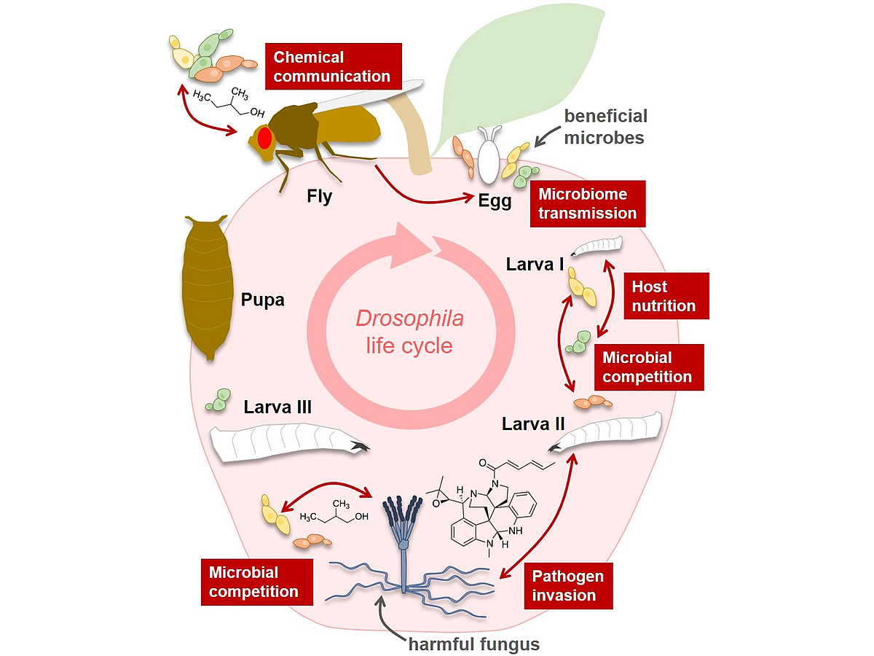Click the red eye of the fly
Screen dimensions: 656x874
pos(264,138)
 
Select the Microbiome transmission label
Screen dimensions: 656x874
pos(588,204)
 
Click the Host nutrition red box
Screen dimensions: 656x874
pos(665,296)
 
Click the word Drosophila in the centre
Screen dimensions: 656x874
pos(409,319)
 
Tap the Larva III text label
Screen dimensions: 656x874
pos(277,407)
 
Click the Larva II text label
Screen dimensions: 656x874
pos(534,423)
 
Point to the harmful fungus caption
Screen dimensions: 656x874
pos(473,643)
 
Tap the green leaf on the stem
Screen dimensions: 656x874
pos(525,74)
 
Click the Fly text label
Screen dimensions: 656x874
pos(319,197)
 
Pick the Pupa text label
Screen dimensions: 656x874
pos(263,300)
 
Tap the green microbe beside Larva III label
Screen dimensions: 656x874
pos(219,399)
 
